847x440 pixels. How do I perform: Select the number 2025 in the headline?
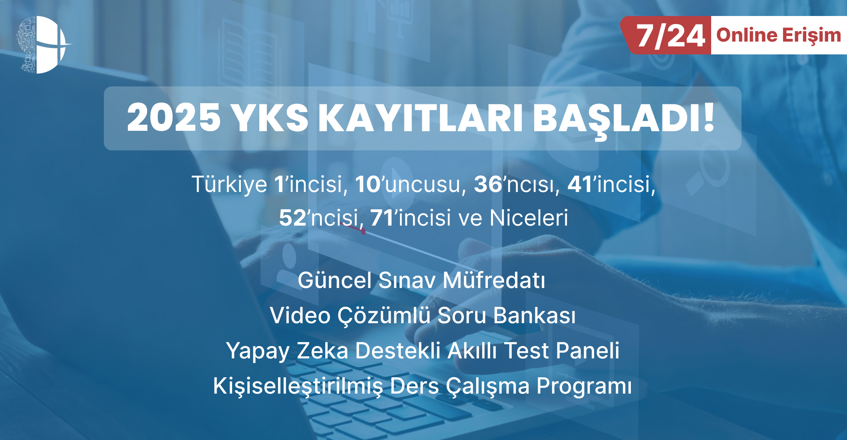(174, 118)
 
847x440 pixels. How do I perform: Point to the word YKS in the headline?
(270, 118)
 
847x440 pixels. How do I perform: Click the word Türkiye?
(229, 184)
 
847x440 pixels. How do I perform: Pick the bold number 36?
(488, 184)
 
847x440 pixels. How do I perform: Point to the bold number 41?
(580, 184)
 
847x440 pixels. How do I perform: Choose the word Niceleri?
(529, 218)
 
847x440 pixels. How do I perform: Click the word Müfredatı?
(494, 280)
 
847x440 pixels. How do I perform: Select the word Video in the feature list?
(300, 316)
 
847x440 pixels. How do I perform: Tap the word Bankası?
(535, 316)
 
